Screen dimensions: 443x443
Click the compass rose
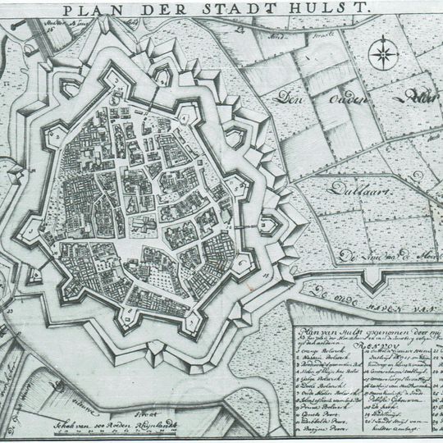(381, 55)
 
